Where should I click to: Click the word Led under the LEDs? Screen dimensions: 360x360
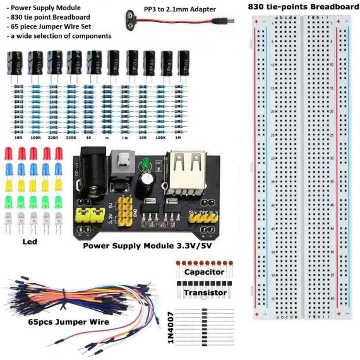click(x=30, y=241)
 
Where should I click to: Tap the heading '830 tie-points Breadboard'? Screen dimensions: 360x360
click(x=303, y=7)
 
